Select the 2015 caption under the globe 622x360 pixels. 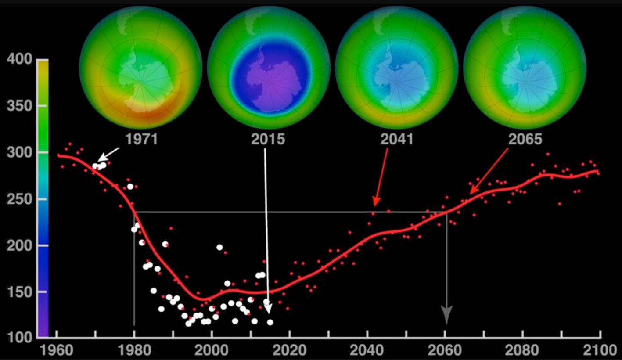click(268, 139)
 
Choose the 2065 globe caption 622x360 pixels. click(525, 139)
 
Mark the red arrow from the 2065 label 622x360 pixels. click(489, 171)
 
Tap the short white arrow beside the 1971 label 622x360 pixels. click(108, 155)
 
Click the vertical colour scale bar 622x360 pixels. click(43, 198)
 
